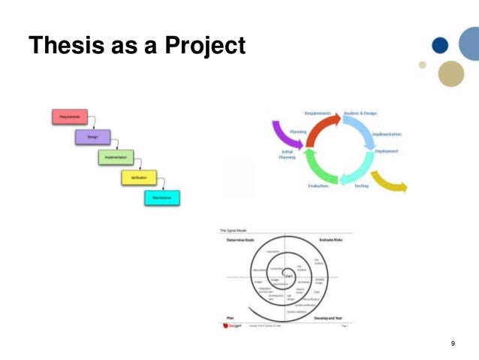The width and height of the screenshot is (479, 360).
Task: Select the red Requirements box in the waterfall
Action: click(70, 116)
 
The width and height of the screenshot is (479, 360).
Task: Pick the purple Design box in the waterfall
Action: click(92, 137)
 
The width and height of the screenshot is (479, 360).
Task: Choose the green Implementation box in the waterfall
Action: click(116, 157)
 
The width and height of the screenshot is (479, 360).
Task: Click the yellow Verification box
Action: click(139, 177)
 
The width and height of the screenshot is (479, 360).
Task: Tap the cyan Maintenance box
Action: click(162, 198)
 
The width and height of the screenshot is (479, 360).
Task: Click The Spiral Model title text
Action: click(233, 230)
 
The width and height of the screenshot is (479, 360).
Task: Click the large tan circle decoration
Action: click(450, 74)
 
